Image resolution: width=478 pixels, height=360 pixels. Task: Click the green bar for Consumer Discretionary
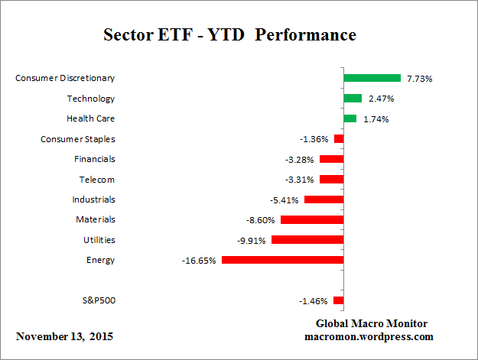pyautogui.click(x=372, y=78)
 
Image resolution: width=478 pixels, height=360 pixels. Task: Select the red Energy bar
pyautogui.click(x=282, y=260)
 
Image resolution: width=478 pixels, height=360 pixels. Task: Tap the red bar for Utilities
pyautogui.click(x=307, y=239)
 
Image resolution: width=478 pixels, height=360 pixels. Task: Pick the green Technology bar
pyautogui.click(x=353, y=98)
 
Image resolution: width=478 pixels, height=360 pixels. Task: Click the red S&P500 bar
pyautogui.click(x=338, y=300)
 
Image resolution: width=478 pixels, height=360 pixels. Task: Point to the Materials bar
pyautogui.click(x=312, y=219)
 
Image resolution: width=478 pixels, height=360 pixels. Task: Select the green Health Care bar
pyautogui.click(x=350, y=118)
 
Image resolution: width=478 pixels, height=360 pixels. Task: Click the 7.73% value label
pyautogui.click(x=420, y=78)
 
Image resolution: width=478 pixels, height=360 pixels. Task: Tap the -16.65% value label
pyautogui.click(x=199, y=260)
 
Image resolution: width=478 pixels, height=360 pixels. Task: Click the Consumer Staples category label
pyautogui.click(x=77, y=138)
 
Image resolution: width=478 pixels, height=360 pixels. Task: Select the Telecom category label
pyautogui.click(x=96, y=179)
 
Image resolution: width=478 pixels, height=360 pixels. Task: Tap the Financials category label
pyautogui.click(x=95, y=159)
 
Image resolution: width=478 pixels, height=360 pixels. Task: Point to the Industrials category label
pyautogui.click(x=93, y=199)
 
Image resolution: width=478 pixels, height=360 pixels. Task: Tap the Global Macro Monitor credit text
pyautogui.click(x=372, y=323)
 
